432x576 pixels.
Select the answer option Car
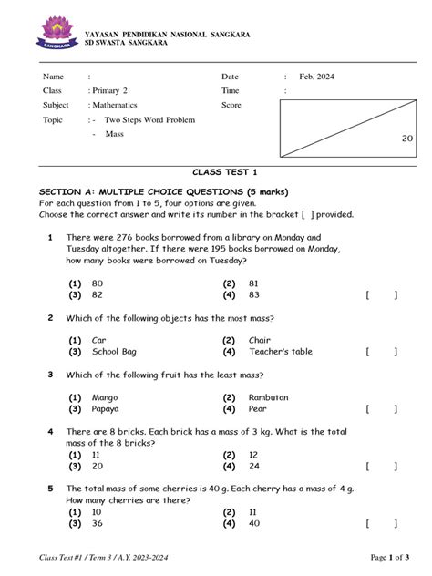[99, 340]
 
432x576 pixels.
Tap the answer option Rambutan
[268, 397]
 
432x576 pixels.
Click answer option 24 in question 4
[253, 466]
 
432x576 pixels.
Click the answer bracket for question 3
[381, 409]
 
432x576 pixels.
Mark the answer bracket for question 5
[381, 523]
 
